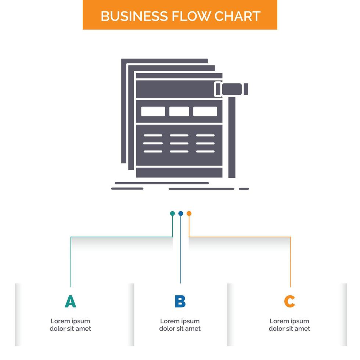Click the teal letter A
tap(70, 301)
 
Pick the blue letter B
tap(180, 301)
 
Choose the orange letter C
tap(289, 301)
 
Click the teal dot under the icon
tap(172, 213)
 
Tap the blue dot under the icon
tap(181, 213)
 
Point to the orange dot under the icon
tap(189, 213)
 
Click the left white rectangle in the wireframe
tap(153, 111)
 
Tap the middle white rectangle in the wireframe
tap(179, 111)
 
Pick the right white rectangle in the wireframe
tap(205, 111)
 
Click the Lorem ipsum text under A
tap(70, 325)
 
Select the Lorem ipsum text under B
tap(180, 325)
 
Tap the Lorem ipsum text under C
tap(289, 325)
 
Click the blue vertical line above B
tap(181, 253)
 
